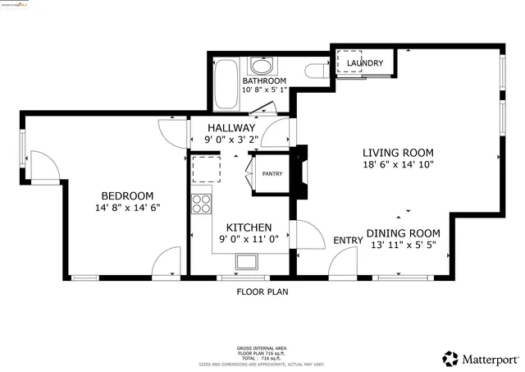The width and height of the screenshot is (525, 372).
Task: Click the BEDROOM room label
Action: coord(127,195)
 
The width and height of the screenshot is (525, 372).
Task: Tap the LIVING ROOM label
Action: coord(398,153)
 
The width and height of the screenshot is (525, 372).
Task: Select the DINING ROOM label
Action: coord(403,233)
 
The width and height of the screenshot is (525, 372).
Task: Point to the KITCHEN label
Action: coord(249,227)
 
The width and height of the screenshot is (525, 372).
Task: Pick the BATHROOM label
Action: coord(264,81)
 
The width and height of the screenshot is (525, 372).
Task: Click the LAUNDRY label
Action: coord(365,63)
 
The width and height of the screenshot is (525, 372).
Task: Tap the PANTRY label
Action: coord(272,174)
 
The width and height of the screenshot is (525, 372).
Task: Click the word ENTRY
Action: coord(348,241)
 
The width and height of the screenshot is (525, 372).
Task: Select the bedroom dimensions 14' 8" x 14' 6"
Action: coord(127,208)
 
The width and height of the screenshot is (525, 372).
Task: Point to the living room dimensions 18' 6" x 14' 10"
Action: coord(398,164)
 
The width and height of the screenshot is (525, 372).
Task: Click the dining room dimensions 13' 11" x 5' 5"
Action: coord(403,245)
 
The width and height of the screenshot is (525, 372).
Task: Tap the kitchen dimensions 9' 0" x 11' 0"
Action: coord(249,240)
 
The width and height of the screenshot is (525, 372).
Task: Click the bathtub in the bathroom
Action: coord(225,83)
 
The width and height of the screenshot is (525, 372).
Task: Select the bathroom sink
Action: coord(263,67)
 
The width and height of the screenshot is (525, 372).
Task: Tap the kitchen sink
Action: coord(246,262)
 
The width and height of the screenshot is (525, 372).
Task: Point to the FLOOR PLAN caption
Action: coord(262,292)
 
